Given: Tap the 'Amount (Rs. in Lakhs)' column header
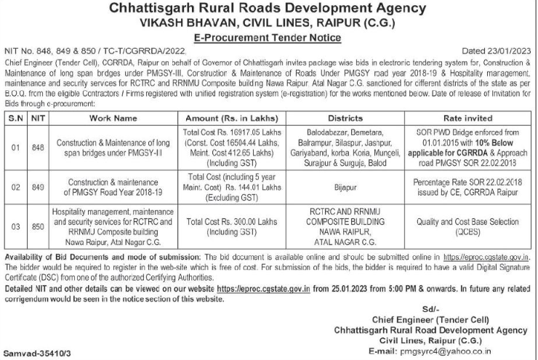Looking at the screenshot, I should pyautogui.click(x=228, y=116).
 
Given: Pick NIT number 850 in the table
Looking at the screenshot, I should pyautogui.click(x=38, y=225).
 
